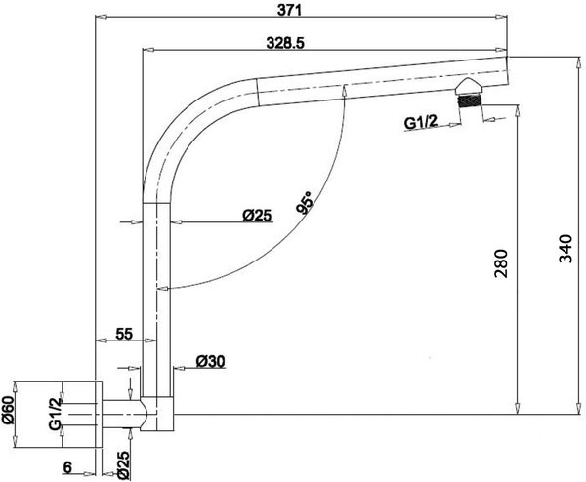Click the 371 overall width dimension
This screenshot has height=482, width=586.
[289, 10]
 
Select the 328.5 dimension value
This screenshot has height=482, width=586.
[285, 43]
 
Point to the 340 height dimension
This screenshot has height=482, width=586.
[565, 249]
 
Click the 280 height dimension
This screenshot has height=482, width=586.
[501, 263]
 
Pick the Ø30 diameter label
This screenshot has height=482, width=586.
[210, 361]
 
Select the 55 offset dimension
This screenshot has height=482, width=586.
[124, 334]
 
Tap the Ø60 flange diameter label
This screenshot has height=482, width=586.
[8, 410]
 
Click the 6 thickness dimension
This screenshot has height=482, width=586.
[67, 467]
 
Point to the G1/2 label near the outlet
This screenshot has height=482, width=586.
[420, 122]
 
